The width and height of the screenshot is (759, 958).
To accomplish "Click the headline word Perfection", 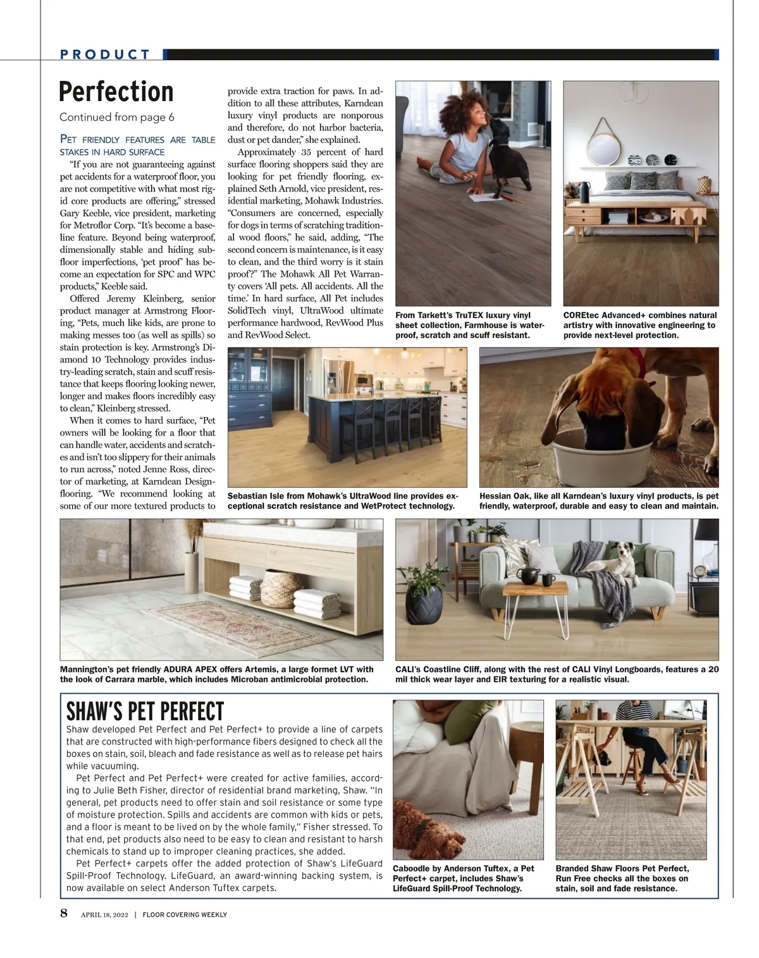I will pos(116,92).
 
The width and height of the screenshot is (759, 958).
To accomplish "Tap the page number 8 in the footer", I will pos(64,913).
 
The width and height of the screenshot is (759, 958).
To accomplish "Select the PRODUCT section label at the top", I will pos(105,54).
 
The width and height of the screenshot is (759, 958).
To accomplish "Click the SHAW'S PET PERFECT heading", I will pos(145,712).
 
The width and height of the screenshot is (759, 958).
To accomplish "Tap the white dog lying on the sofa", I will pos(620,559).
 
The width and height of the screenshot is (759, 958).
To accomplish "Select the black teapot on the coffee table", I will pos(528,574).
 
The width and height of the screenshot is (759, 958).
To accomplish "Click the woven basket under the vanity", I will pos(281,588).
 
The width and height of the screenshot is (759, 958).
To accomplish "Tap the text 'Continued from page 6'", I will pos(117,118).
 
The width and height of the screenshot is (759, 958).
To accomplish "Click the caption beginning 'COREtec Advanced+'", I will pos(639,325).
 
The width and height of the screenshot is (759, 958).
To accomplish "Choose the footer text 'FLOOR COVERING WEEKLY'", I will pos(184,914).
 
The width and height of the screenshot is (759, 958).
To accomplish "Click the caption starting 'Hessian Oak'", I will pos(598,501).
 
